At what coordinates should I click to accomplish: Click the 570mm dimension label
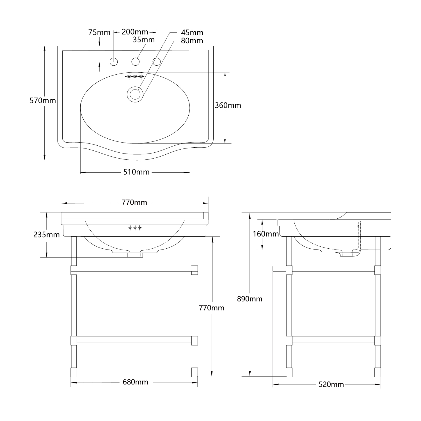tap(43, 100)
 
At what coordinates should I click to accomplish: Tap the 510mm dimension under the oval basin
tap(136, 172)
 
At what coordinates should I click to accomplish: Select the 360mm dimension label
tap(228, 106)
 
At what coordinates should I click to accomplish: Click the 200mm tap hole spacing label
tap(135, 32)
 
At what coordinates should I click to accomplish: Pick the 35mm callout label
tap(144, 40)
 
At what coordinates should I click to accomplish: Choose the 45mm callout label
tap(192, 33)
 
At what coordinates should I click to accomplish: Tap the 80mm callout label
tap(192, 41)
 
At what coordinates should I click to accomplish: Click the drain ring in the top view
tap(135, 94)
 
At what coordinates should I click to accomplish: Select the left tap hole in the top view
tap(114, 61)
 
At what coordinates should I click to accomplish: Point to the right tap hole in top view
tap(156, 61)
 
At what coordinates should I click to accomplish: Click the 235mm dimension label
tap(47, 235)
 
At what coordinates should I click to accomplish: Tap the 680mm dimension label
tap(135, 382)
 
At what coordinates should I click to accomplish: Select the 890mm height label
tap(250, 299)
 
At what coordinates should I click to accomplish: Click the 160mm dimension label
tap(266, 234)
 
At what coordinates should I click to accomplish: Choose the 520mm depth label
tap(331, 385)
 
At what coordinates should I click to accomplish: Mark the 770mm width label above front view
tap(134, 202)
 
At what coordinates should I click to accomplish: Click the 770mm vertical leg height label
tap(212, 308)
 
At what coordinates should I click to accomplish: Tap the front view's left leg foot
tap(74, 372)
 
